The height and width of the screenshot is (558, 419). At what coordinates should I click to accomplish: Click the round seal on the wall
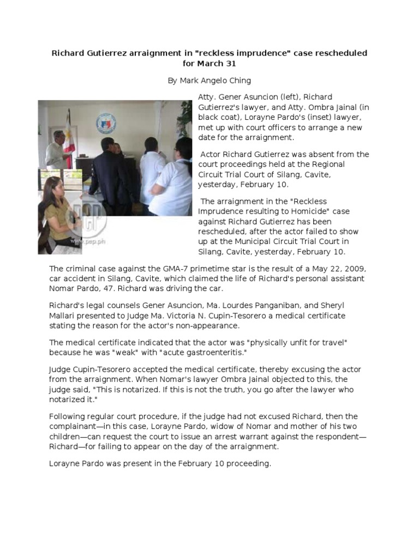[106, 124]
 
